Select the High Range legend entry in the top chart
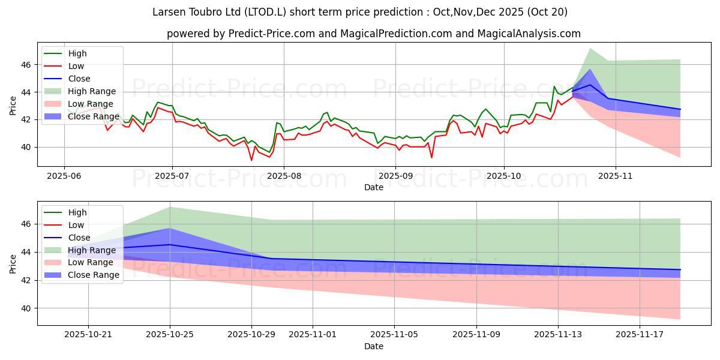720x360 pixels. (x=92, y=91)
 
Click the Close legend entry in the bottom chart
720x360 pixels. (x=79, y=238)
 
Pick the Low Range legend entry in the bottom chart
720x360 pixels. (x=91, y=263)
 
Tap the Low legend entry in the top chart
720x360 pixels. (x=76, y=66)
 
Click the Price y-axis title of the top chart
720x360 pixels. (x=13, y=106)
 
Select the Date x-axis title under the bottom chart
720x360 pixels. (x=373, y=346)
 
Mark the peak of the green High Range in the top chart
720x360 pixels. (x=590, y=48)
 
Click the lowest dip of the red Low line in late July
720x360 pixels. (x=251, y=160)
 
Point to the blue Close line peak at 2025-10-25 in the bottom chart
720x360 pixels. (x=170, y=244)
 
